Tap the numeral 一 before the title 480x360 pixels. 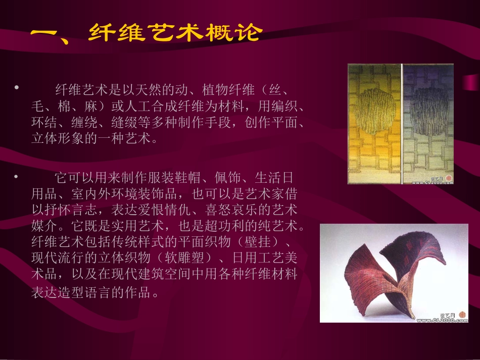(x=48, y=35)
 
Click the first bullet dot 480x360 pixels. (x=17, y=88)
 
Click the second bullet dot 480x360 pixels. (x=17, y=176)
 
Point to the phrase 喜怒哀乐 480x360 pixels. (x=232, y=210)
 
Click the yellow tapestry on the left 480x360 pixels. (x=374, y=124)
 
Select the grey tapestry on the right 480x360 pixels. (x=428, y=124)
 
